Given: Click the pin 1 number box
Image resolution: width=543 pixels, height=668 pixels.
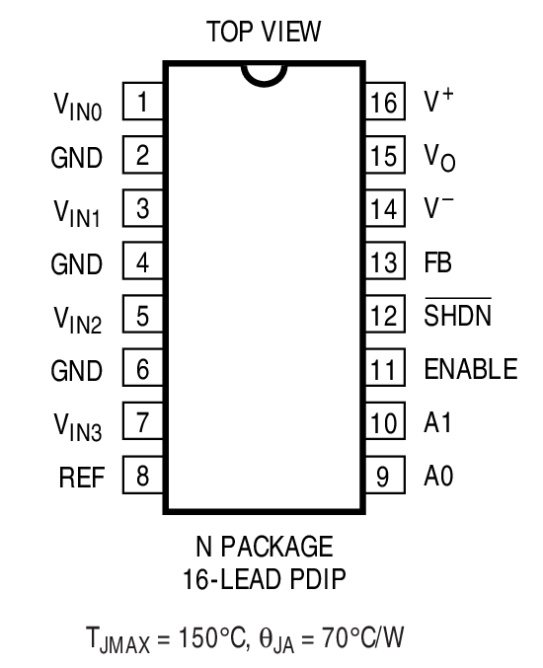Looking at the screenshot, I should coord(143,102).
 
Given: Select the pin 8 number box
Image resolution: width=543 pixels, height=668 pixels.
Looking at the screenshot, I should coord(143,478).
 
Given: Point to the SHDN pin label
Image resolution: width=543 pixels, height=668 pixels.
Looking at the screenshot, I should coord(457,316).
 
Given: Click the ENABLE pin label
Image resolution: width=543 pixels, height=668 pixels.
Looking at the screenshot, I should coord(470,370).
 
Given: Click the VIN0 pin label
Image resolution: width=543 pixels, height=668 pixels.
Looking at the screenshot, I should coord(78,105).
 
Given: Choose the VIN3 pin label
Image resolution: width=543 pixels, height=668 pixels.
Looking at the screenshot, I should coord(78,426).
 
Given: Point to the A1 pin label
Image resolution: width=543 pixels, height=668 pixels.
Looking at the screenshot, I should coord(436,424).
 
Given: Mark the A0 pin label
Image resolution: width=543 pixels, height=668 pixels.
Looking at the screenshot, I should coord(437,478).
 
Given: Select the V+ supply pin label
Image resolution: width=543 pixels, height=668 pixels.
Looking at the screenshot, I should coord(438,101).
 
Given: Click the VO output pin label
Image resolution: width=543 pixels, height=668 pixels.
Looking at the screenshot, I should coord(439,156).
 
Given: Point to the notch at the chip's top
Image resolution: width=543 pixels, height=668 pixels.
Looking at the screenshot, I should coord(264,73).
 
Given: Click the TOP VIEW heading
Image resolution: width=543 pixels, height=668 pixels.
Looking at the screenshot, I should coord(264,33).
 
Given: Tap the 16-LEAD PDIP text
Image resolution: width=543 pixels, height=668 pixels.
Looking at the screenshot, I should coord(264,575).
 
